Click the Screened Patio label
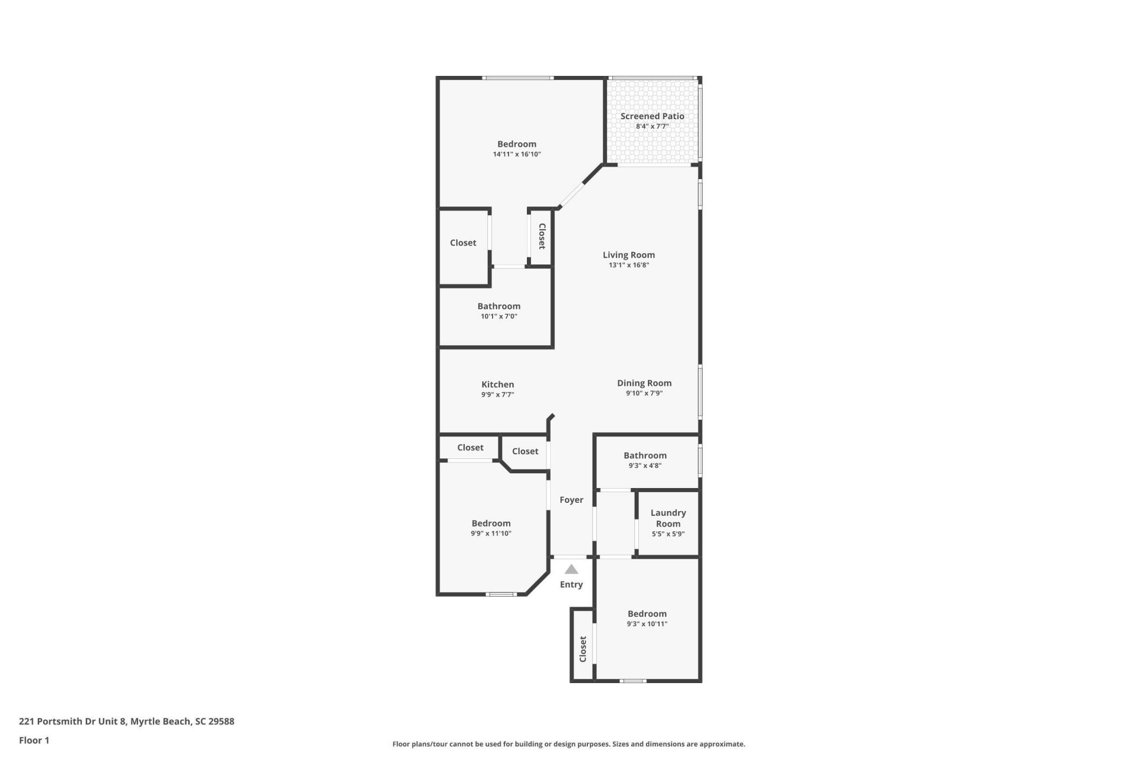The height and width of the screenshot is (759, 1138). tap(652, 116)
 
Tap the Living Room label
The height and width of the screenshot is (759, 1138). tap(629, 255)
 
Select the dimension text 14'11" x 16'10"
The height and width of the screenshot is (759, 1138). tap(517, 154)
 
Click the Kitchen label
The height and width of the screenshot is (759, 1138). tap(498, 384)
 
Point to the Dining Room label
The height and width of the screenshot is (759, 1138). tap(644, 383)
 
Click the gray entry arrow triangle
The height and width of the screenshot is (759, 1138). tap(571, 569)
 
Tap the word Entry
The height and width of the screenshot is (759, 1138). tap(571, 585)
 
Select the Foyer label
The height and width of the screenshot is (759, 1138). tap(571, 500)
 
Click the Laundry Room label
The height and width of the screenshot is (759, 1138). tap(668, 518)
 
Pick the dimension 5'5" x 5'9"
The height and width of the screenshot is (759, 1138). tap(668, 534)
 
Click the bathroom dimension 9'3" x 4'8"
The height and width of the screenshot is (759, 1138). tap(645, 465)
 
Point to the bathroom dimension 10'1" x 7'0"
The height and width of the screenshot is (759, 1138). tap(499, 317)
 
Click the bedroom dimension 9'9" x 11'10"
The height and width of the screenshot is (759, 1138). tap(491, 534)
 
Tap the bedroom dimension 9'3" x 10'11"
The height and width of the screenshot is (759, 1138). tap(647, 624)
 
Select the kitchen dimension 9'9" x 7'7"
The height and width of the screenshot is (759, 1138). tap(498, 394)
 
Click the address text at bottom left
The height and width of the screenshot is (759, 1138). tap(126, 722)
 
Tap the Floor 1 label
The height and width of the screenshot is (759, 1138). tap(34, 740)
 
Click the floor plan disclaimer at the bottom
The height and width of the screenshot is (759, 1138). tap(568, 744)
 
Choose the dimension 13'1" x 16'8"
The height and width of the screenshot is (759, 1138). tap(629, 265)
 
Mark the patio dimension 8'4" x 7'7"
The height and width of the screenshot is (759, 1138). tap(652, 126)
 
